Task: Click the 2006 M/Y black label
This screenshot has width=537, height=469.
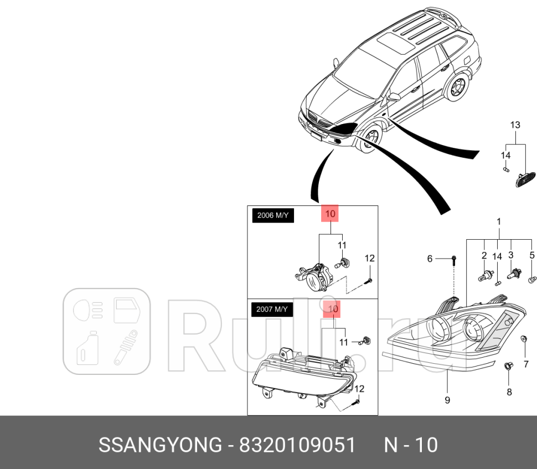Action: (x=273, y=216)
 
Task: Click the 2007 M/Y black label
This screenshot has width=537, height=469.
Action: (x=272, y=309)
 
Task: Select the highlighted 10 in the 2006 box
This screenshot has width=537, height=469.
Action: (x=330, y=213)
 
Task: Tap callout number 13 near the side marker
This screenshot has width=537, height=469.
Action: (x=515, y=125)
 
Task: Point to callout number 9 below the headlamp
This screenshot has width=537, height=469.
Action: (x=447, y=399)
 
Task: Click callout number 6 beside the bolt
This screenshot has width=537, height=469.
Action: (x=430, y=259)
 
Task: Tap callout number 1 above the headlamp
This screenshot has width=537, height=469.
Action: (x=498, y=221)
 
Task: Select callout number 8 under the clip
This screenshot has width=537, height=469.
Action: (x=509, y=392)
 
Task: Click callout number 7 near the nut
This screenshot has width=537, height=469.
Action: (x=526, y=364)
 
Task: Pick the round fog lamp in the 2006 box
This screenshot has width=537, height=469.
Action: (x=317, y=276)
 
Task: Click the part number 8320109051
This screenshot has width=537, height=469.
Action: (x=296, y=445)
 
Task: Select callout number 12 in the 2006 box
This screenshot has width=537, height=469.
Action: (x=369, y=258)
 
